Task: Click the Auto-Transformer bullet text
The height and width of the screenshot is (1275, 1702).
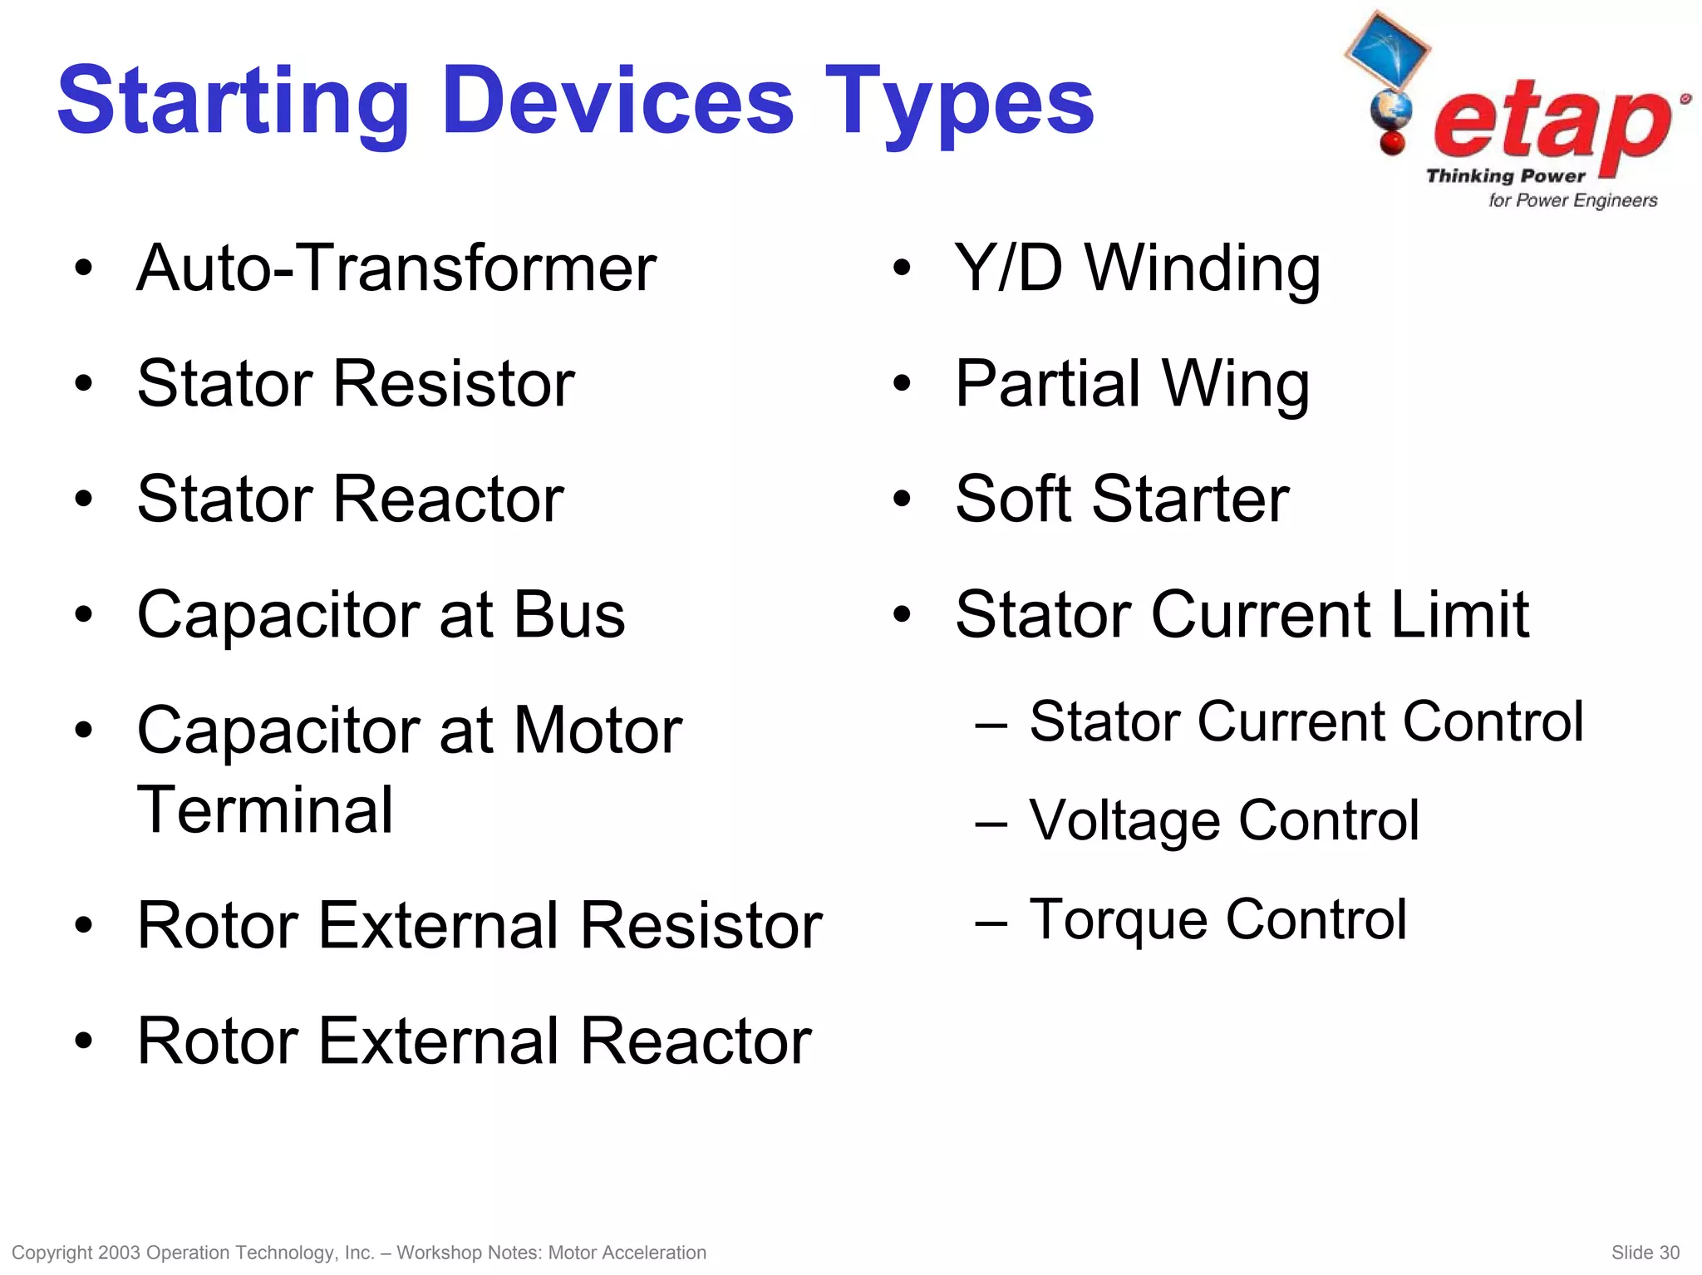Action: tap(396, 268)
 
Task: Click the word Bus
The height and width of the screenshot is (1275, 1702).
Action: tap(569, 615)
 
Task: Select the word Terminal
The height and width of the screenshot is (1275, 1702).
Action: tap(264, 810)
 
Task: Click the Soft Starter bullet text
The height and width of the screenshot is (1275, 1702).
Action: tap(1122, 500)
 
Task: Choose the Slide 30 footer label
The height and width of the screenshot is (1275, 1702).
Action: tap(1645, 1253)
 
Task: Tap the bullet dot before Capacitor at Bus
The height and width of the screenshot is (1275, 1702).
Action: tap(83, 616)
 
